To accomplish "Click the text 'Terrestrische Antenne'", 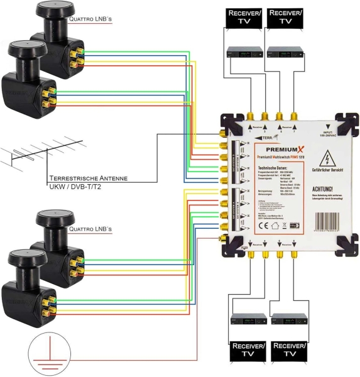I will pyautogui.click(x=88, y=178).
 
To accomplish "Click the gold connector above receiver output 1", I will pyautogui.click(x=250, y=116).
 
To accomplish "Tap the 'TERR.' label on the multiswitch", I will pyautogui.click(x=232, y=136).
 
